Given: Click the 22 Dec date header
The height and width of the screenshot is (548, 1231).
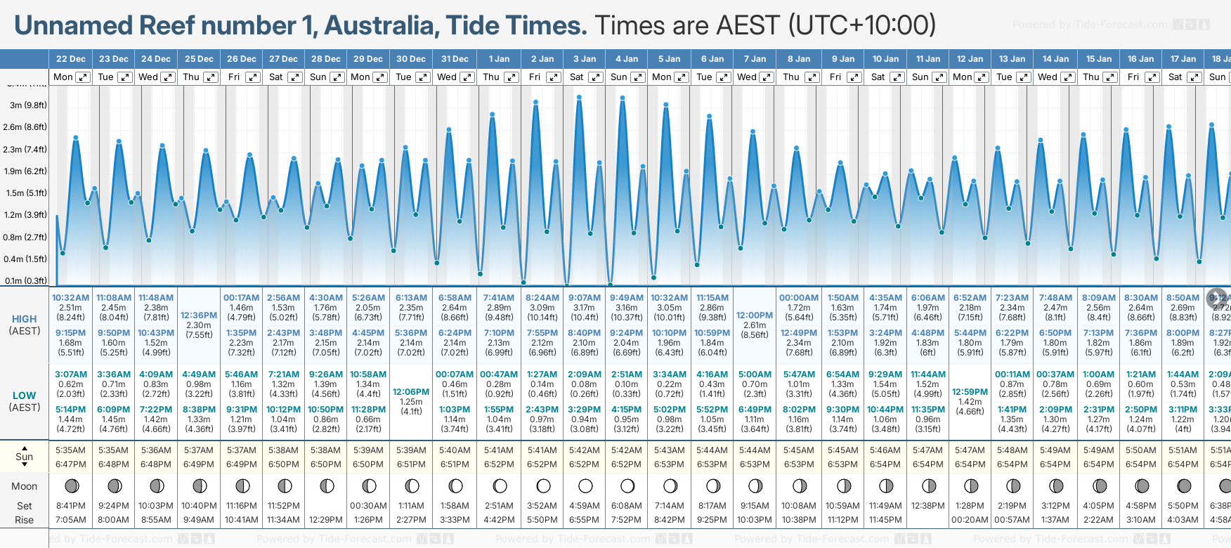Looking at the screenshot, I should [71, 59].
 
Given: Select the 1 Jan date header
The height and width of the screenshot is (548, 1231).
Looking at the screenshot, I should [499, 59].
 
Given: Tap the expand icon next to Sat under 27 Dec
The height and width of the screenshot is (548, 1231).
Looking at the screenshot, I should [295, 77].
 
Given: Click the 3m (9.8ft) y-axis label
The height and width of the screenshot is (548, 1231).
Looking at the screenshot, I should [29, 105].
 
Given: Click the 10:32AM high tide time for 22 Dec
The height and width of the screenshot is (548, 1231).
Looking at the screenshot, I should [71, 298].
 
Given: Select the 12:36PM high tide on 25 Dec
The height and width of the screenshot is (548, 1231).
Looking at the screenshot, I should [199, 315].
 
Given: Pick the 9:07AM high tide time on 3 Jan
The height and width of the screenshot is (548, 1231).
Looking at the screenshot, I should [585, 298].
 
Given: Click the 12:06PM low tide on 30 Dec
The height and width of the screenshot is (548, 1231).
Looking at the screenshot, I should [411, 391].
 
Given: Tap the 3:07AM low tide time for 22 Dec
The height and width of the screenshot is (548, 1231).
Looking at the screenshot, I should [71, 374].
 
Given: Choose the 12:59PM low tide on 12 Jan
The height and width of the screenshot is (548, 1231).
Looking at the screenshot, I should [970, 391].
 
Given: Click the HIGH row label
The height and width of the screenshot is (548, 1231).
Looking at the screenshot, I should [25, 319].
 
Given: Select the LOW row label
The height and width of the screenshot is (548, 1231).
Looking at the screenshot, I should [25, 396].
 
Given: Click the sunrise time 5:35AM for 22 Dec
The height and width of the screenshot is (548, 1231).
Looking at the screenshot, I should [71, 450].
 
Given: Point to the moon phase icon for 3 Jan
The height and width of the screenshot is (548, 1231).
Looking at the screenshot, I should [585, 485].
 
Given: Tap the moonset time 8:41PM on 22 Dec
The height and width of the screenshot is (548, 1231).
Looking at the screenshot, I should [71, 506].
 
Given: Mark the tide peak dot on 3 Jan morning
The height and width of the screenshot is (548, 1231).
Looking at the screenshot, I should [579, 97].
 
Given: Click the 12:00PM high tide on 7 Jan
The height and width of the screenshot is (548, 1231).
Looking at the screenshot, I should [755, 315].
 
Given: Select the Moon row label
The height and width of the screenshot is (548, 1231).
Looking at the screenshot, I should [25, 486].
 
